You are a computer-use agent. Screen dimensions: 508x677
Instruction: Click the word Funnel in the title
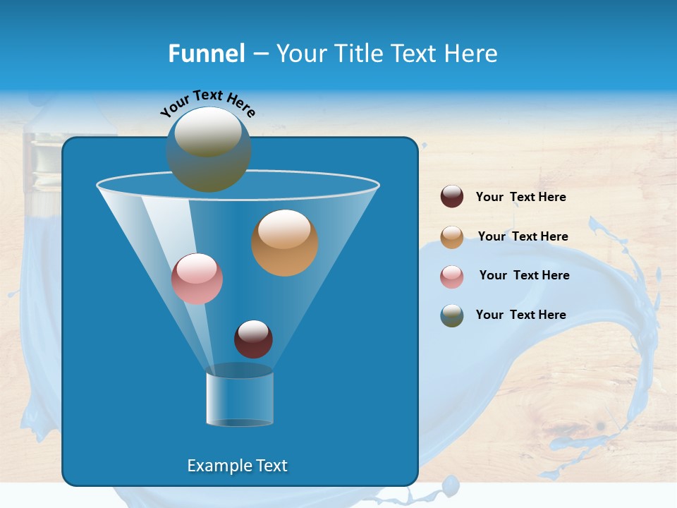click(207, 54)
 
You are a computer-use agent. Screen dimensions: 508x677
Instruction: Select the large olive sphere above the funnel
click(208, 150)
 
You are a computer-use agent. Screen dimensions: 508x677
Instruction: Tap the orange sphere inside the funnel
click(285, 243)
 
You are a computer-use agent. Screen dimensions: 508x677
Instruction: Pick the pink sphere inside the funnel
click(197, 279)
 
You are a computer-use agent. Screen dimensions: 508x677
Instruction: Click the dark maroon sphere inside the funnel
click(253, 339)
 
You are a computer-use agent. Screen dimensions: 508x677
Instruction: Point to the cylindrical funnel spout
click(239, 399)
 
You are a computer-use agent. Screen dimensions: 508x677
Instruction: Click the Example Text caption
click(237, 466)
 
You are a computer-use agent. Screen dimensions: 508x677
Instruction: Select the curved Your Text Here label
click(207, 103)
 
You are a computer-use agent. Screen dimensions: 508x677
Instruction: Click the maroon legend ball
click(452, 197)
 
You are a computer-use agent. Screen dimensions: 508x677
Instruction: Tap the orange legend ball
click(452, 237)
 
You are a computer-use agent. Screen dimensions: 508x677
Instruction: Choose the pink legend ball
click(452, 276)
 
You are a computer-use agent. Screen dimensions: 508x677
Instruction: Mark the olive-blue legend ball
click(452, 315)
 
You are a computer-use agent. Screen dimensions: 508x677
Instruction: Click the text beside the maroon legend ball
click(520, 198)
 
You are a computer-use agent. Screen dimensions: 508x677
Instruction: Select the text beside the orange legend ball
click(523, 237)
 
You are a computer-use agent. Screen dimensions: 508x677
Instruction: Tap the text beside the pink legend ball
click(524, 276)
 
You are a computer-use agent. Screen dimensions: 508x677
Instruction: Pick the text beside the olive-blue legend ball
click(520, 315)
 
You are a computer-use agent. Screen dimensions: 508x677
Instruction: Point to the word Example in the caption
click(218, 466)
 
